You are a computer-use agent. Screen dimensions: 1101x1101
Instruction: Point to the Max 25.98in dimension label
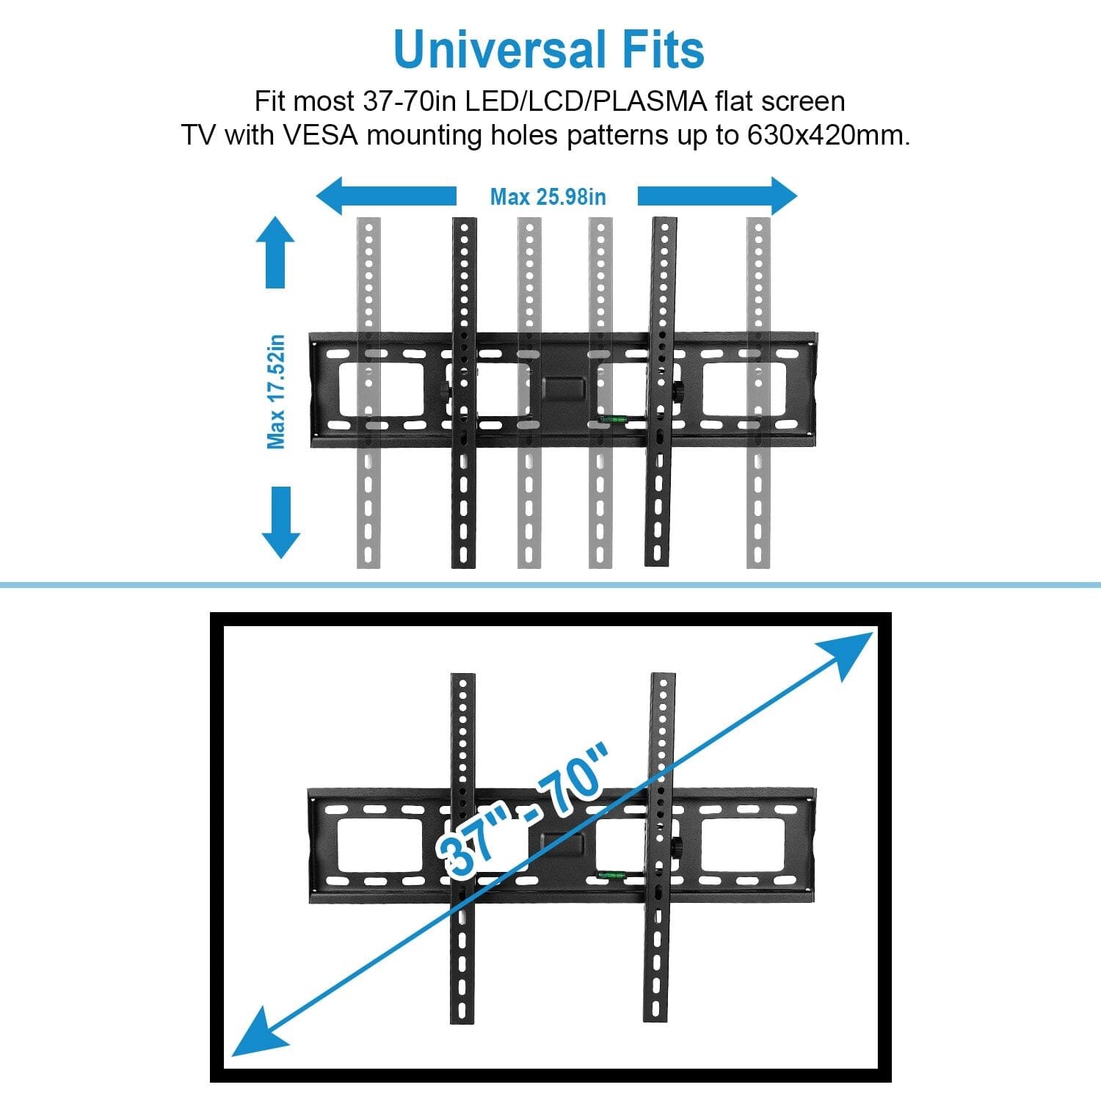point(548,197)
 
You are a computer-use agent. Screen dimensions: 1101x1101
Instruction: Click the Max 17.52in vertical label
point(276,391)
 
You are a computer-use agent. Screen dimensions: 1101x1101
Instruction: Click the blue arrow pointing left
point(385,196)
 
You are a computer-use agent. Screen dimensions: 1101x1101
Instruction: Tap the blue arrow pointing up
point(275,252)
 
